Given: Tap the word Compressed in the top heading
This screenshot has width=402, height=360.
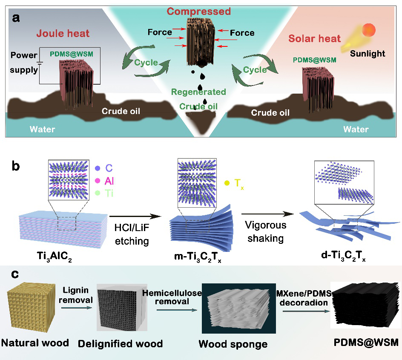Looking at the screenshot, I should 198,11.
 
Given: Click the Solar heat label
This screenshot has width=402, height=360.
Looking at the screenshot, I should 315,39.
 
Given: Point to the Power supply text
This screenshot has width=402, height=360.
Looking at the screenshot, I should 24,62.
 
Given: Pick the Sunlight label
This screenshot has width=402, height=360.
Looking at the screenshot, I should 368,54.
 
